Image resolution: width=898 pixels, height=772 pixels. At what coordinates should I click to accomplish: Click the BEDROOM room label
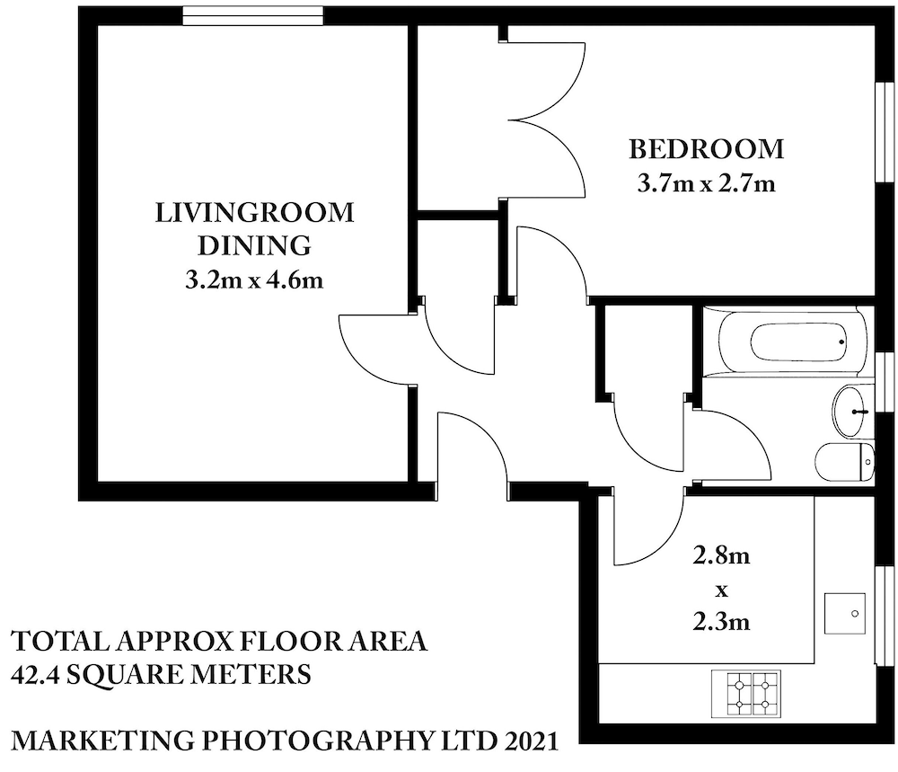[x=706, y=148]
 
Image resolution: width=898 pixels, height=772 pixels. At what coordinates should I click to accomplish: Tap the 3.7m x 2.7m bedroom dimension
[x=706, y=184]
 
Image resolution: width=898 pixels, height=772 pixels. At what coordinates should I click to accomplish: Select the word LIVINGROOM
[x=255, y=214]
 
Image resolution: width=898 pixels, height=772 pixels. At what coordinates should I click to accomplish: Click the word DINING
[x=254, y=245]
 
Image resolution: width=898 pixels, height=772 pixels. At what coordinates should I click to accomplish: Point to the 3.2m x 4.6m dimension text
[x=254, y=280]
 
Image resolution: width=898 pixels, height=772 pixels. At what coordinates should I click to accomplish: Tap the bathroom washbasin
[x=852, y=412]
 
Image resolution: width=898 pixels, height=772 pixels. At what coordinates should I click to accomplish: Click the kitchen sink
[x=843, y=614]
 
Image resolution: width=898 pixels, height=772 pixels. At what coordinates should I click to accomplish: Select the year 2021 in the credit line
[x=528, y=742]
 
